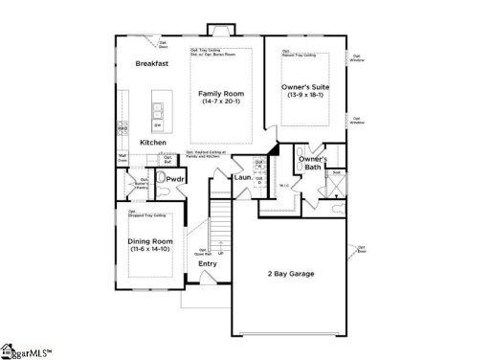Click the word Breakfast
[152, 62]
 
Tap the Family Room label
[222, 93]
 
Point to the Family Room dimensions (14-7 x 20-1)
[222, 101]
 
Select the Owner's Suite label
[304, 87]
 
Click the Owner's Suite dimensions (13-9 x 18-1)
[304, 96]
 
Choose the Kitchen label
[153, 143]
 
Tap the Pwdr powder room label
[174, 179]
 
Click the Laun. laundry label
[243, 177]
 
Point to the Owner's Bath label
[315, 163]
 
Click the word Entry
[207, 263]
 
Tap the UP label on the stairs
[221, 254]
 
